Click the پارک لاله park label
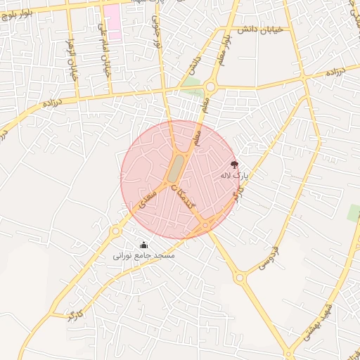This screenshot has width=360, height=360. [x=236, y=174]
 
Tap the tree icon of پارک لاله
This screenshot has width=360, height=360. [x=234, y=164]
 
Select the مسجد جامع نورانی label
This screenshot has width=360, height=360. [x=143, y=256]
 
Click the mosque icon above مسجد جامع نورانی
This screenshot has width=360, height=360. [x=144, y=245]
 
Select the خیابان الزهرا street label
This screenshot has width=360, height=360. [x=71, y=63]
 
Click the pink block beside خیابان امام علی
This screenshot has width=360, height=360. [x=112, y=20]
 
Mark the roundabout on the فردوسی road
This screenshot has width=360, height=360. [x=240, y=278]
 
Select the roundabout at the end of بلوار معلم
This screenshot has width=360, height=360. [x=210, y=86]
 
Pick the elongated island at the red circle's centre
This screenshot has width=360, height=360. [x=174, y=167]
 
